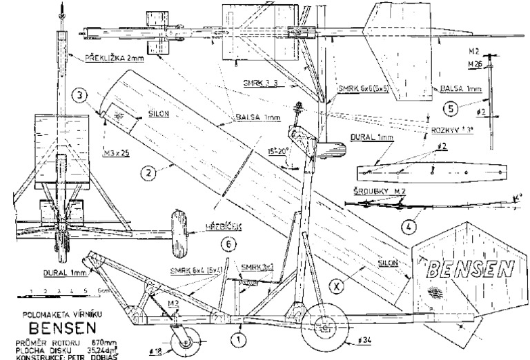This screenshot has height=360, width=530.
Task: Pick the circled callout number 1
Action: [x=237, y=338]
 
